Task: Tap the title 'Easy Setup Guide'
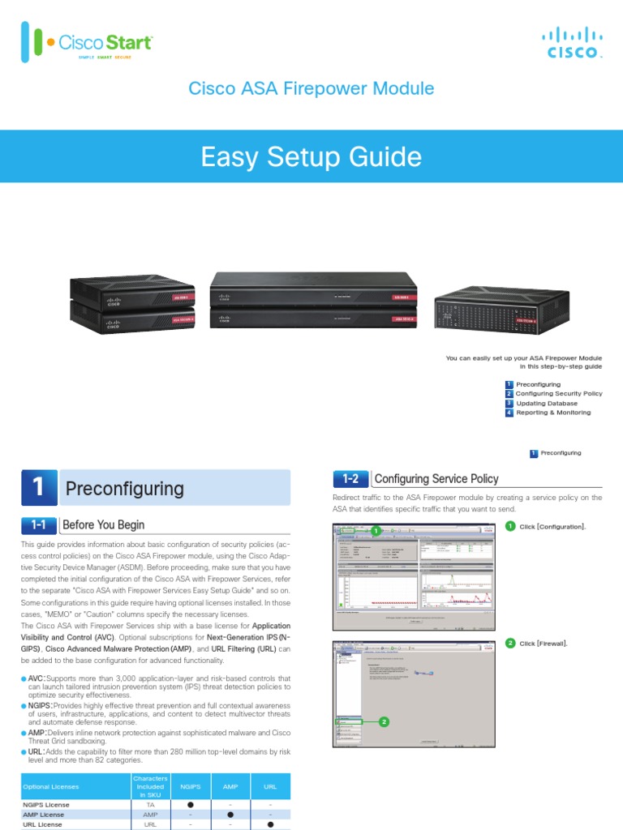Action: click(311, 157)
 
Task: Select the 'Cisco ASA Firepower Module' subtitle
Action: click(311, 89)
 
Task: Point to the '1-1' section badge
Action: click(37, 525)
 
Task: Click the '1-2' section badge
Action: click(350, 479)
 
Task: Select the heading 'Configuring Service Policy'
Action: click(436, 479)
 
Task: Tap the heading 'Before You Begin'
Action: click(103, 525)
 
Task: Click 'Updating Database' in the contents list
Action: click(547, 403)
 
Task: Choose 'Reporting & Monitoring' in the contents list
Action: click(553, 413)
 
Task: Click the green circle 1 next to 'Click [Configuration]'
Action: click(509, 527)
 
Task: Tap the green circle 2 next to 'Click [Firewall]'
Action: click(509, 643)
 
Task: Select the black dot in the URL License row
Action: click(270, 824)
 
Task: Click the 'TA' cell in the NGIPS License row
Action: click(150, 804)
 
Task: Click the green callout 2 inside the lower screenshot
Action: click(384, 721)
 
